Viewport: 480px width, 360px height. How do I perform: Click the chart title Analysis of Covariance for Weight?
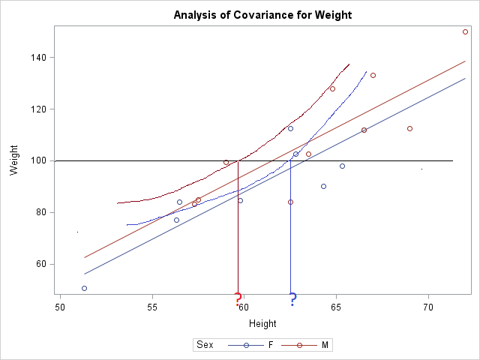(262, 15)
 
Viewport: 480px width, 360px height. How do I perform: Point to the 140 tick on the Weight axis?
(40, 58)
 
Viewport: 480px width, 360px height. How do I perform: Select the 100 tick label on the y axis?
(40, 160)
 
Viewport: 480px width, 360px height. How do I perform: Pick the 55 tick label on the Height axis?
(152, 307)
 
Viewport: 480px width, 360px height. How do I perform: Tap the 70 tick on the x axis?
(428, 307)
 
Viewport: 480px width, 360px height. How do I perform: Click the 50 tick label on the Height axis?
(61, 307)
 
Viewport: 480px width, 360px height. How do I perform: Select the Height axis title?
(262, 324)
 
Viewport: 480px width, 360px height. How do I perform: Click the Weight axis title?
(14, 160)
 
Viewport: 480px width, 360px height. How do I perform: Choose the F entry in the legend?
(270, 345)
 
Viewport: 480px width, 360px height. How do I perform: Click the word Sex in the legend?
(204, 345)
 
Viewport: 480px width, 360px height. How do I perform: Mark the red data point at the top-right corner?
(465, 31)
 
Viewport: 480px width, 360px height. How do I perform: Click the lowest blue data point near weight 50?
(84, 288)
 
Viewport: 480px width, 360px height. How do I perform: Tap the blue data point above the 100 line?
(290, 128)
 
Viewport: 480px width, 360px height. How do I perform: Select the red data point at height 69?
(409, 128)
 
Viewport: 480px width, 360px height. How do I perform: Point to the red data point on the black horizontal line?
(226, 162)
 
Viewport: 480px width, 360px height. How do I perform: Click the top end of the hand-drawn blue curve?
(367, 72)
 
